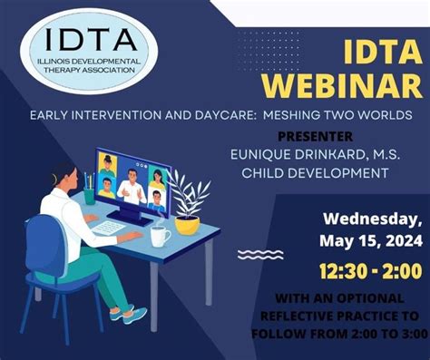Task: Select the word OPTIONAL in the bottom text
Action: click(379, 298)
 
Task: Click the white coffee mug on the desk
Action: click(159, 235)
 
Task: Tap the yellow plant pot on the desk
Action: click(187, 223)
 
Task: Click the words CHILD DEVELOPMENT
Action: click(309, 172)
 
